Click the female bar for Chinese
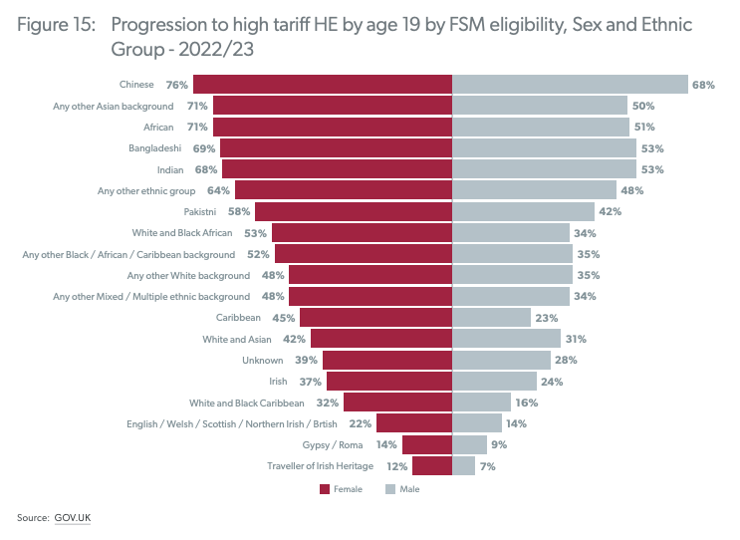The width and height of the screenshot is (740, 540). click(x=323, y=85)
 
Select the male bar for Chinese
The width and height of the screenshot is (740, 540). click(x=570, y=85)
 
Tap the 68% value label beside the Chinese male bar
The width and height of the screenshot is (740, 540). click(x=703, y=85)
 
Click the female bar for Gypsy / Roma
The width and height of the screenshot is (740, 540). click(x=427, y=444)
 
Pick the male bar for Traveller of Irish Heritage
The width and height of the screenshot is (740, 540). click(x=464, y=465)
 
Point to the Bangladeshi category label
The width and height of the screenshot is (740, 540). click(x=155, y=147)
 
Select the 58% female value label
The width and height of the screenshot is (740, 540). click(x=239, y=211)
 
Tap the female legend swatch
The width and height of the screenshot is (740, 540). click(x=326, y=489)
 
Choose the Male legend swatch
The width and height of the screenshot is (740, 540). click(x=390, y=489)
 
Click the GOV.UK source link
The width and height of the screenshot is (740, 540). click(x=73, y=517)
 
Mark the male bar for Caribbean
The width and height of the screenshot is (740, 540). click(x=491, y=317)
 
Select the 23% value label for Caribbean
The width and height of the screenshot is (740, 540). click(x=545, y=317)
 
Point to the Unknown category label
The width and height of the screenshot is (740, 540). click(x=266, y=360)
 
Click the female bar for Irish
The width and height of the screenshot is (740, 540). click(x=389, y=381)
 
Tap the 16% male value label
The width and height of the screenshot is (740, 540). click(x=527, y=403)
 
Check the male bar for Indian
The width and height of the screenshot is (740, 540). click(x=544, y=169)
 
